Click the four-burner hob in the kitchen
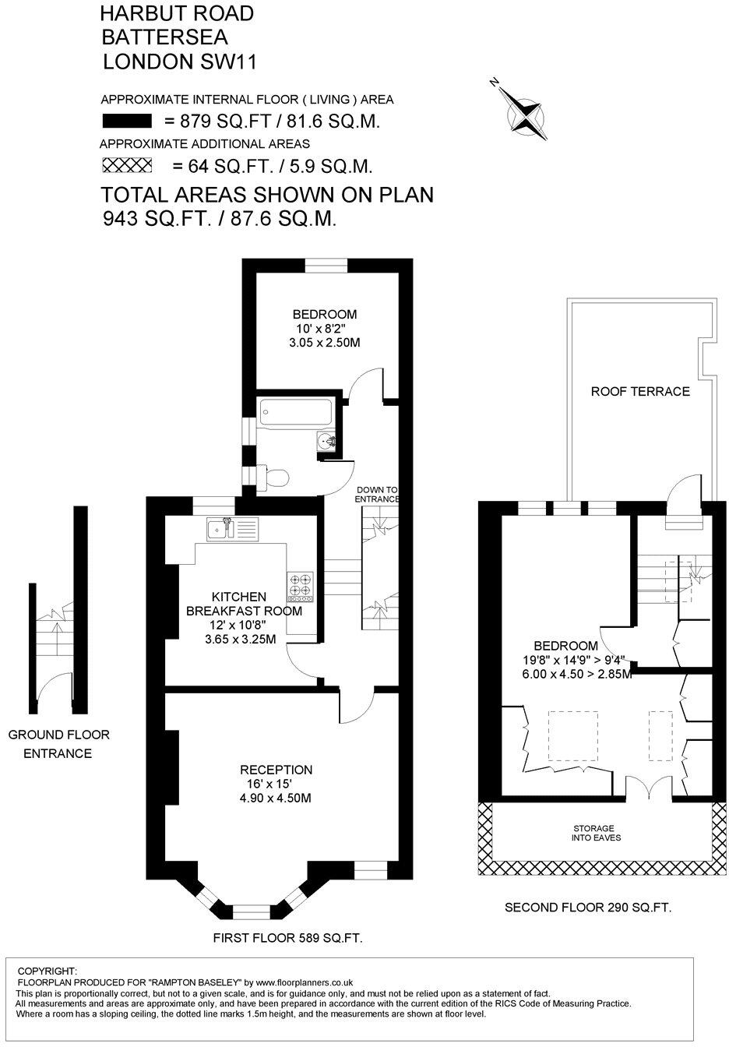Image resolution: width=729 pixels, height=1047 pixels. [300, 587]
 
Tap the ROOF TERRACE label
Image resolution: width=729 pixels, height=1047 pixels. [640, 391]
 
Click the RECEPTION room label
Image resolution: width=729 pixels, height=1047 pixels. [276, 770]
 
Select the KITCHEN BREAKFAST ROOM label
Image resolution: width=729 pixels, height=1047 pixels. [243, 604]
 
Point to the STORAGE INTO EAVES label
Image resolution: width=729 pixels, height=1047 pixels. [595, 833]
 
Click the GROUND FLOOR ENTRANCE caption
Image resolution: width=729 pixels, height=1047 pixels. [58, 744]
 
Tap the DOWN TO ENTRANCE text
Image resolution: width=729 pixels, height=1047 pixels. [378, 494]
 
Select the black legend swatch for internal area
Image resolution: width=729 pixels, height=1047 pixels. [127, 121]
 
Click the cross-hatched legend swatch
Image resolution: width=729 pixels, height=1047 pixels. [127, 165]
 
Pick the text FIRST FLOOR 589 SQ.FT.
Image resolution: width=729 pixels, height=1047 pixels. [288, 939]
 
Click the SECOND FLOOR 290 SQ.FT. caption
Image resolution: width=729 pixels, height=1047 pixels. [588, 908]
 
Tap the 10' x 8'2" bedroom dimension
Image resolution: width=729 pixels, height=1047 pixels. [324, 329]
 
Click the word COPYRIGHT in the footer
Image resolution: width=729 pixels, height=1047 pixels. [47, 971]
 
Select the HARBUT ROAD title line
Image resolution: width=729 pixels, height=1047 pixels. [178, 13]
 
